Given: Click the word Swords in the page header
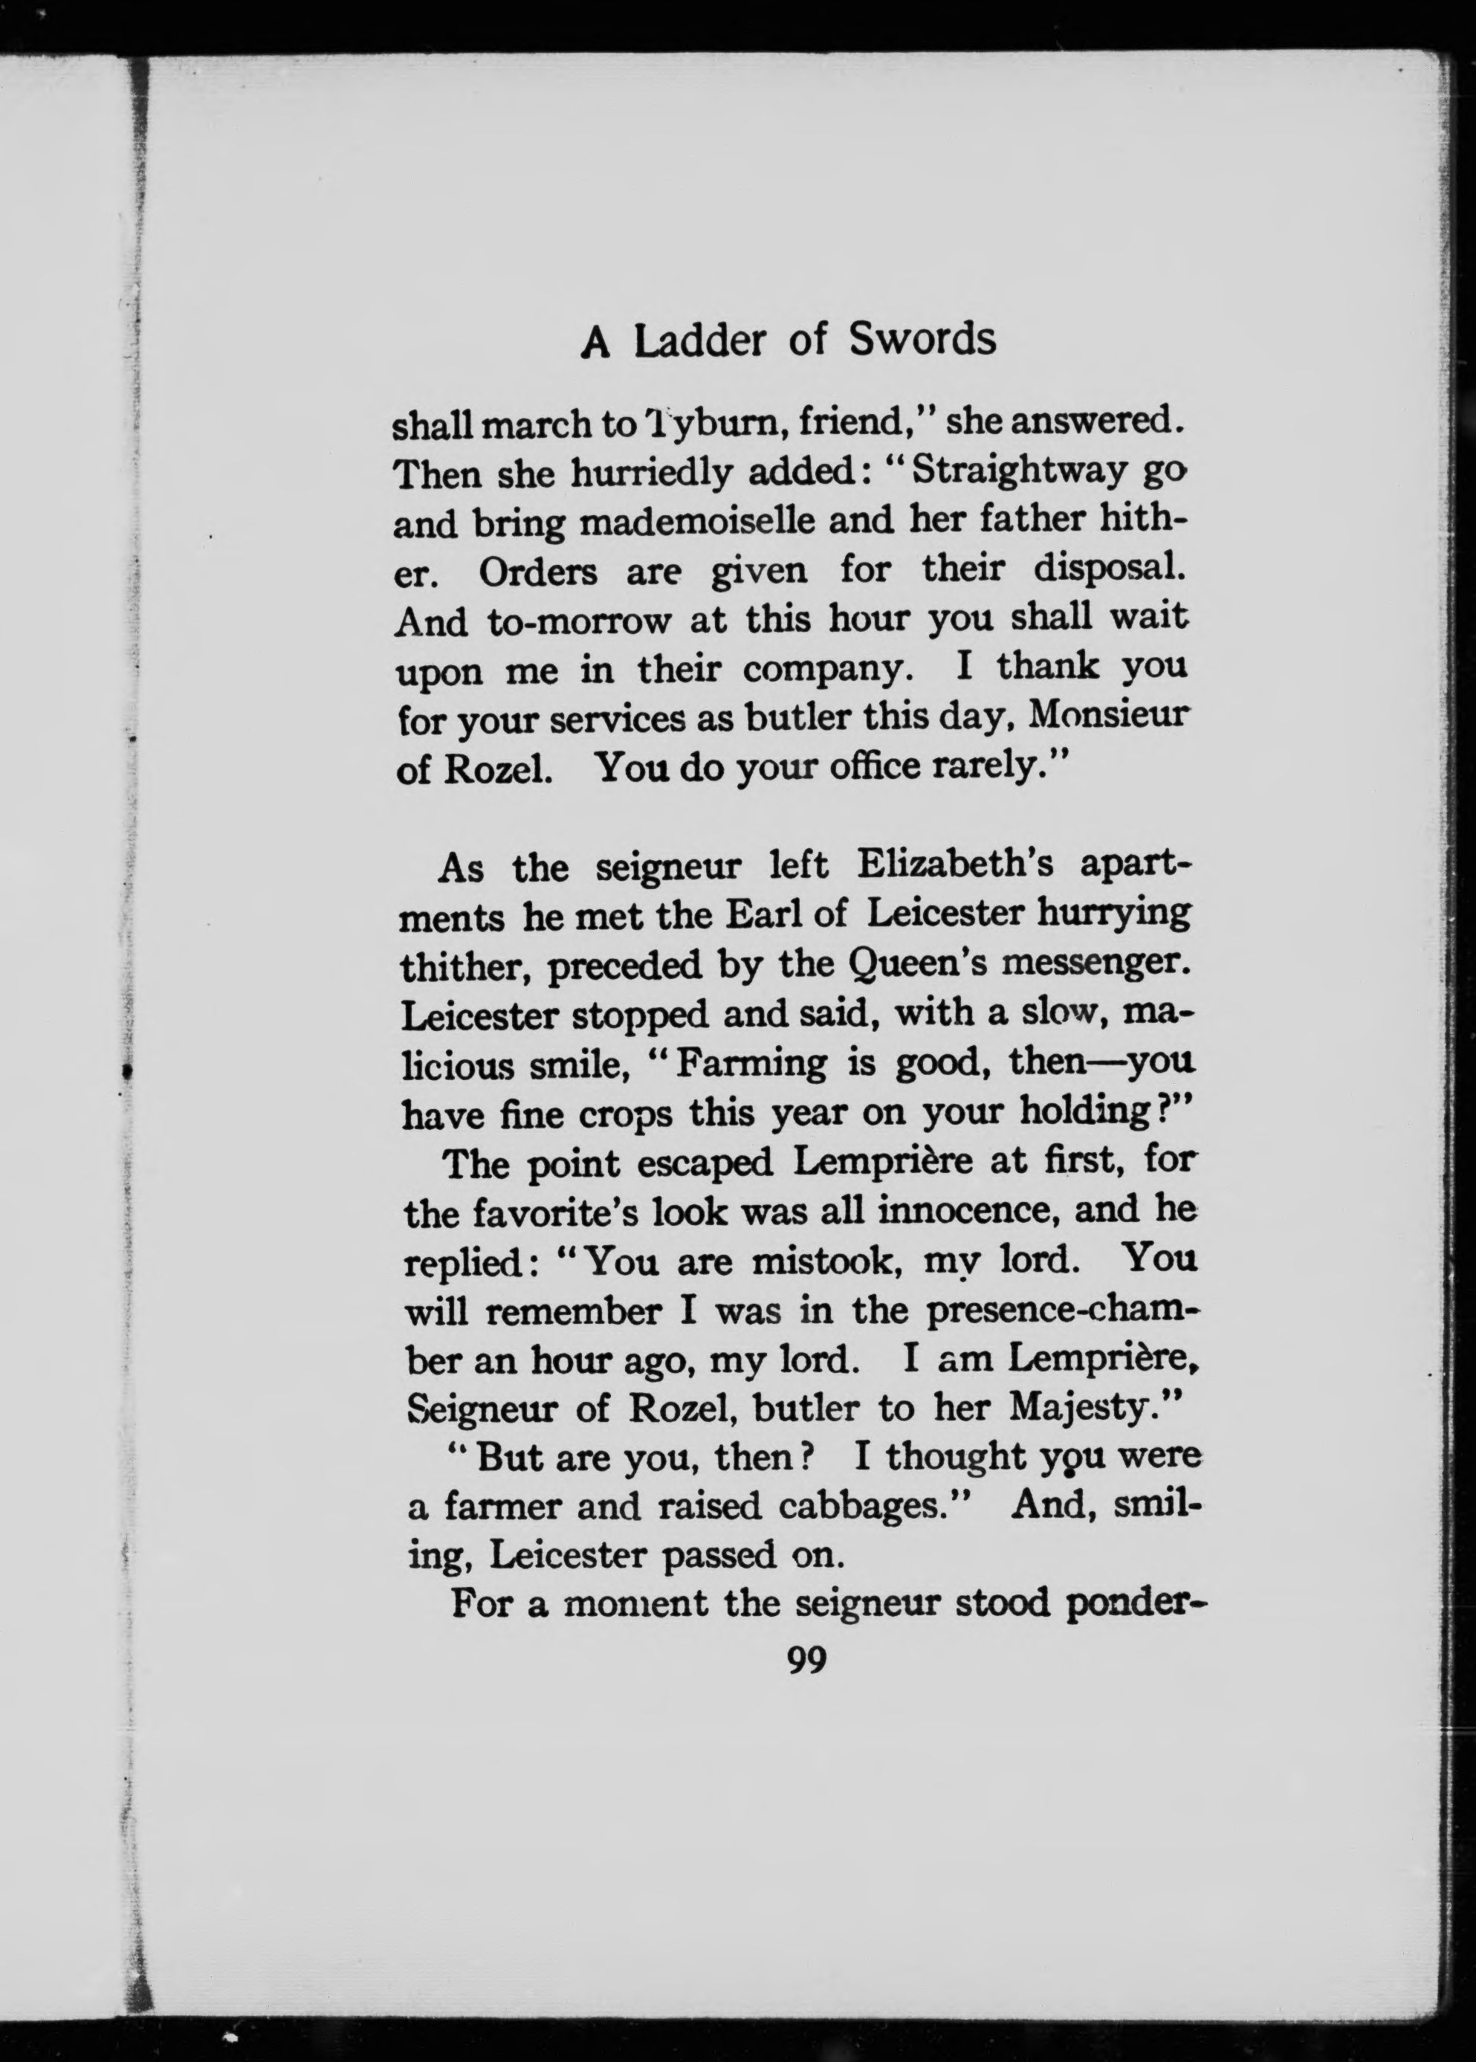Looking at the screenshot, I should point(922,338).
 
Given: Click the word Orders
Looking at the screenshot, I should point(538,572).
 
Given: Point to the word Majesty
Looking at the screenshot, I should point(1081,1408).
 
